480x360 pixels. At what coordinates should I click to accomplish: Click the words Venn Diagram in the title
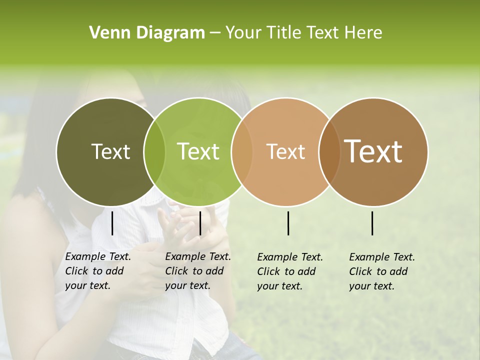[147, 33]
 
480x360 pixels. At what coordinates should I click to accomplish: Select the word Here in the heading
[363, 33]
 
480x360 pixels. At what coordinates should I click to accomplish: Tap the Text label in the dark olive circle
[110, 151]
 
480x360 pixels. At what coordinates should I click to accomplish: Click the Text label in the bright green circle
[198, 151]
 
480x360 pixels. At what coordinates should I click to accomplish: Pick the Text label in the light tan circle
[286, 151]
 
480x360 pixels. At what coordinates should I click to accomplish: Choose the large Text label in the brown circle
[373, 151]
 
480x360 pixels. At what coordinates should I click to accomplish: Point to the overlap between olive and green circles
[154, 152]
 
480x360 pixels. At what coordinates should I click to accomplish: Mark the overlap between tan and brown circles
[329, 152]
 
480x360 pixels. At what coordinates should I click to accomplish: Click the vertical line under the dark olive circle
[112, 223]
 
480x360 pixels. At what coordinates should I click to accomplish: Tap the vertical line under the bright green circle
[200, 223]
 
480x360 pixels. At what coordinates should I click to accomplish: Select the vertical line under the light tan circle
[288, 223]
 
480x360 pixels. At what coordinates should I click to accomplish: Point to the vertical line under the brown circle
[372, 223]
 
